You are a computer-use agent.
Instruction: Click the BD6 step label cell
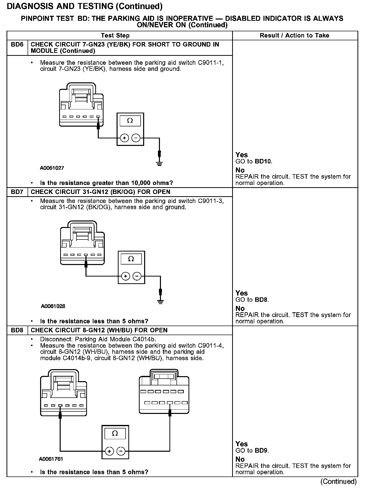pyautogui.click(x=17, y=45)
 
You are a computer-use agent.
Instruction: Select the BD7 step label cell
pyautogui.click(x=17, y=192)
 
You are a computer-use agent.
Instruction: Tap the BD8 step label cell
pyautogui.click(x=17, y=330)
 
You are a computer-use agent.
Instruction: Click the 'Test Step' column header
pyautogui.click(x=115, y=36)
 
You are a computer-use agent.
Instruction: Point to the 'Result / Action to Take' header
pyautogui.click(x=294, y=36)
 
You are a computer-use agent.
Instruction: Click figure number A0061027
pyautogui.click(x=52, y=168)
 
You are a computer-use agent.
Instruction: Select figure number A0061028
pyautogui.click(x=53, y=306)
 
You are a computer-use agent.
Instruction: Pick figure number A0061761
pyautogui.click(x=51, y=459)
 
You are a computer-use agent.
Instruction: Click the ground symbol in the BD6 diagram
pyautogui.click(x=159, y=164)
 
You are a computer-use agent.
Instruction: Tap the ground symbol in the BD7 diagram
pyautogui.click(x=160, y=302)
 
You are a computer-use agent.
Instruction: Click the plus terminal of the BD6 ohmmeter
pyautogui.click(x=124, y=138)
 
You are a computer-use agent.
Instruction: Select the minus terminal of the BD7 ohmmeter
pyautogui.click(x=137, y=276)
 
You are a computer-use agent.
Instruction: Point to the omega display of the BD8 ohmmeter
pyautogui.click(x=115, y=433)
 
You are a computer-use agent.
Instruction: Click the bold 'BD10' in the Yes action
pyautogui.click(x=263, y=161)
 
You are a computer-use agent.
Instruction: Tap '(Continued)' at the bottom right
pyautogui.click(x=338, y=481)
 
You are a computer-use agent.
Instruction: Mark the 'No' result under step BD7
pyautogui.click(x=240, y=308)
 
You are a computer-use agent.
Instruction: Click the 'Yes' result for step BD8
pyautogui.click(x=241, y=444)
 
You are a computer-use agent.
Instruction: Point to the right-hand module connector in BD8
pyautogui.click(x=164, y=392)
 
